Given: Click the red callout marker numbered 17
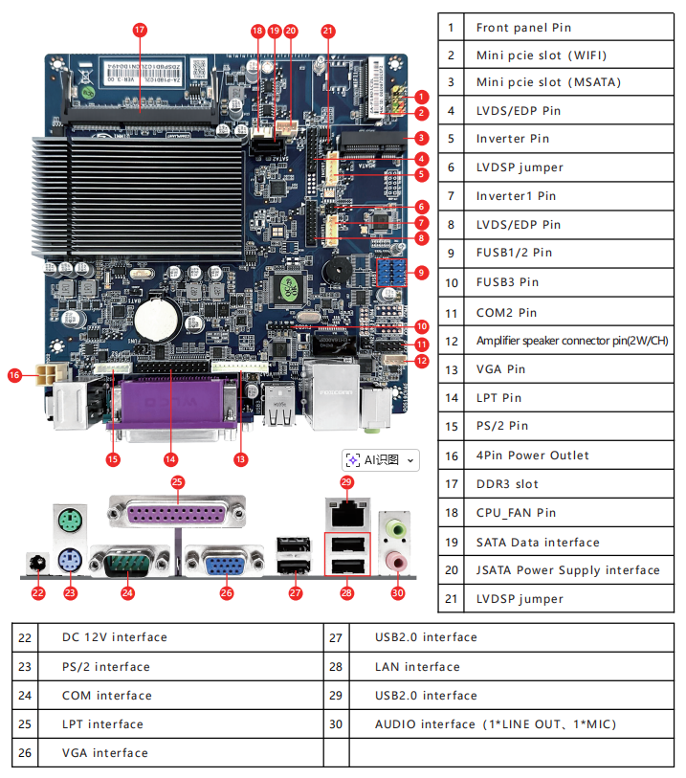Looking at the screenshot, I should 140,30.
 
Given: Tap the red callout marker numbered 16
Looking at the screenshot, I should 14,375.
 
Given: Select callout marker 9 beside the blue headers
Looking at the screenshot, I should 422,273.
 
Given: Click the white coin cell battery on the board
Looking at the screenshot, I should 154,318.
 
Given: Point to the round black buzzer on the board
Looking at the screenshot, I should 337,270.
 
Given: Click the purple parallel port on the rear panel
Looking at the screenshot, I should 177,513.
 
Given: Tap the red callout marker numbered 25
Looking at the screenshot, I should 177,481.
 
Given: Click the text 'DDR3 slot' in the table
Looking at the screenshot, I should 507,484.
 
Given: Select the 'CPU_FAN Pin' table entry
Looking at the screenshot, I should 516,513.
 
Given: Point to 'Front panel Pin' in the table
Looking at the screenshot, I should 523,28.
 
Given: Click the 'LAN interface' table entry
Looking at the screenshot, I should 417,666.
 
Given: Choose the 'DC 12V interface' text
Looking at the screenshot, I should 115,637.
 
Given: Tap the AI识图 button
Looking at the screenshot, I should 381,460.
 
